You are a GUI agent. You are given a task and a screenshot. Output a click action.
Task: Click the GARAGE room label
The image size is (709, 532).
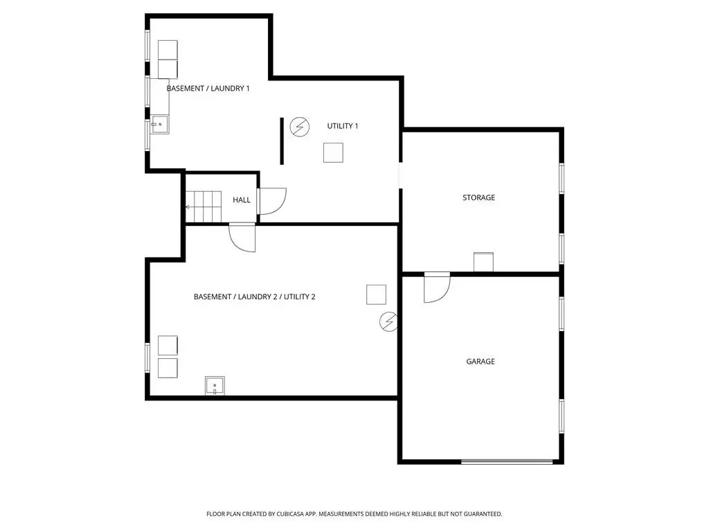481,362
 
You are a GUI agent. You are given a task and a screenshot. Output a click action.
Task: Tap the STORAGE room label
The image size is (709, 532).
478,197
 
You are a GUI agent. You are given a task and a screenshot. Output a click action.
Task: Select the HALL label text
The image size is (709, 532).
242,200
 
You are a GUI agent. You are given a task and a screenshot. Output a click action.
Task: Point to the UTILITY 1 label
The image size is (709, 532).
342,126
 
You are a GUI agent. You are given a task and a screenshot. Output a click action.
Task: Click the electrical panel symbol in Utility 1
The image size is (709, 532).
299,127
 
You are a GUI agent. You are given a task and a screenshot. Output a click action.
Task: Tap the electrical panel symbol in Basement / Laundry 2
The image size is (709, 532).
388,321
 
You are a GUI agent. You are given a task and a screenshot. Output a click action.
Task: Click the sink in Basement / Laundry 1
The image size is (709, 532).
160,125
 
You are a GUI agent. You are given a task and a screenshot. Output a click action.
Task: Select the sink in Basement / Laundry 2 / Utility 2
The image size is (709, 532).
215,386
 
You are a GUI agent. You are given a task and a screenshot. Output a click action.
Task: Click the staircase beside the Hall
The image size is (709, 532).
204,207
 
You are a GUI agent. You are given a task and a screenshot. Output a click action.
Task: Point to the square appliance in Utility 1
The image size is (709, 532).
333,152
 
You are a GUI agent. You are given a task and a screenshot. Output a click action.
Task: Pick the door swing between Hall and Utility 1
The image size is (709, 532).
271,202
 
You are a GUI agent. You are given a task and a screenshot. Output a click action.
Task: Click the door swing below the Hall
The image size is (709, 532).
242,238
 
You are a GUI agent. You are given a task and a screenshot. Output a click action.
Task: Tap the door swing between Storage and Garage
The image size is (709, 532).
437,287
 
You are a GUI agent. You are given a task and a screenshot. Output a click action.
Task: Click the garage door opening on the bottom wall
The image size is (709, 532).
507,462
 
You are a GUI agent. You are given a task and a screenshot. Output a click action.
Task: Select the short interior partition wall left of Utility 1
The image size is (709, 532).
282,141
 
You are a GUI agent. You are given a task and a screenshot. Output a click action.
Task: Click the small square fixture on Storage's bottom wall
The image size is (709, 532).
483,262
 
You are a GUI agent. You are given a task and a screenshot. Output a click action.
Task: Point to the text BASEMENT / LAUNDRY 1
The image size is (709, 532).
208,89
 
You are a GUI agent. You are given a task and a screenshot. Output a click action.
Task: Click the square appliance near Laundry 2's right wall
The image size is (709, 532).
376,294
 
